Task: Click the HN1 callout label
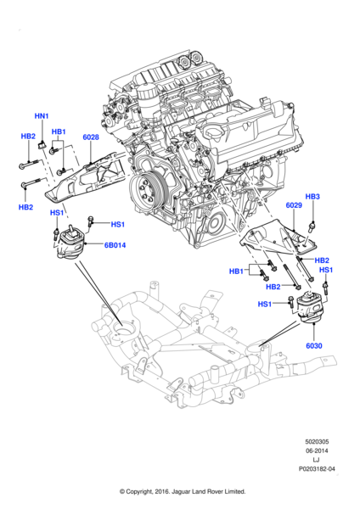(42, 115)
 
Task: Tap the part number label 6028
(90, 137)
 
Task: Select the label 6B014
(115, 245)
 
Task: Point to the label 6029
(294, 205)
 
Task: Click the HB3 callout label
(312, 197)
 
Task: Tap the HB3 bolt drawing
(312, 224)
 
